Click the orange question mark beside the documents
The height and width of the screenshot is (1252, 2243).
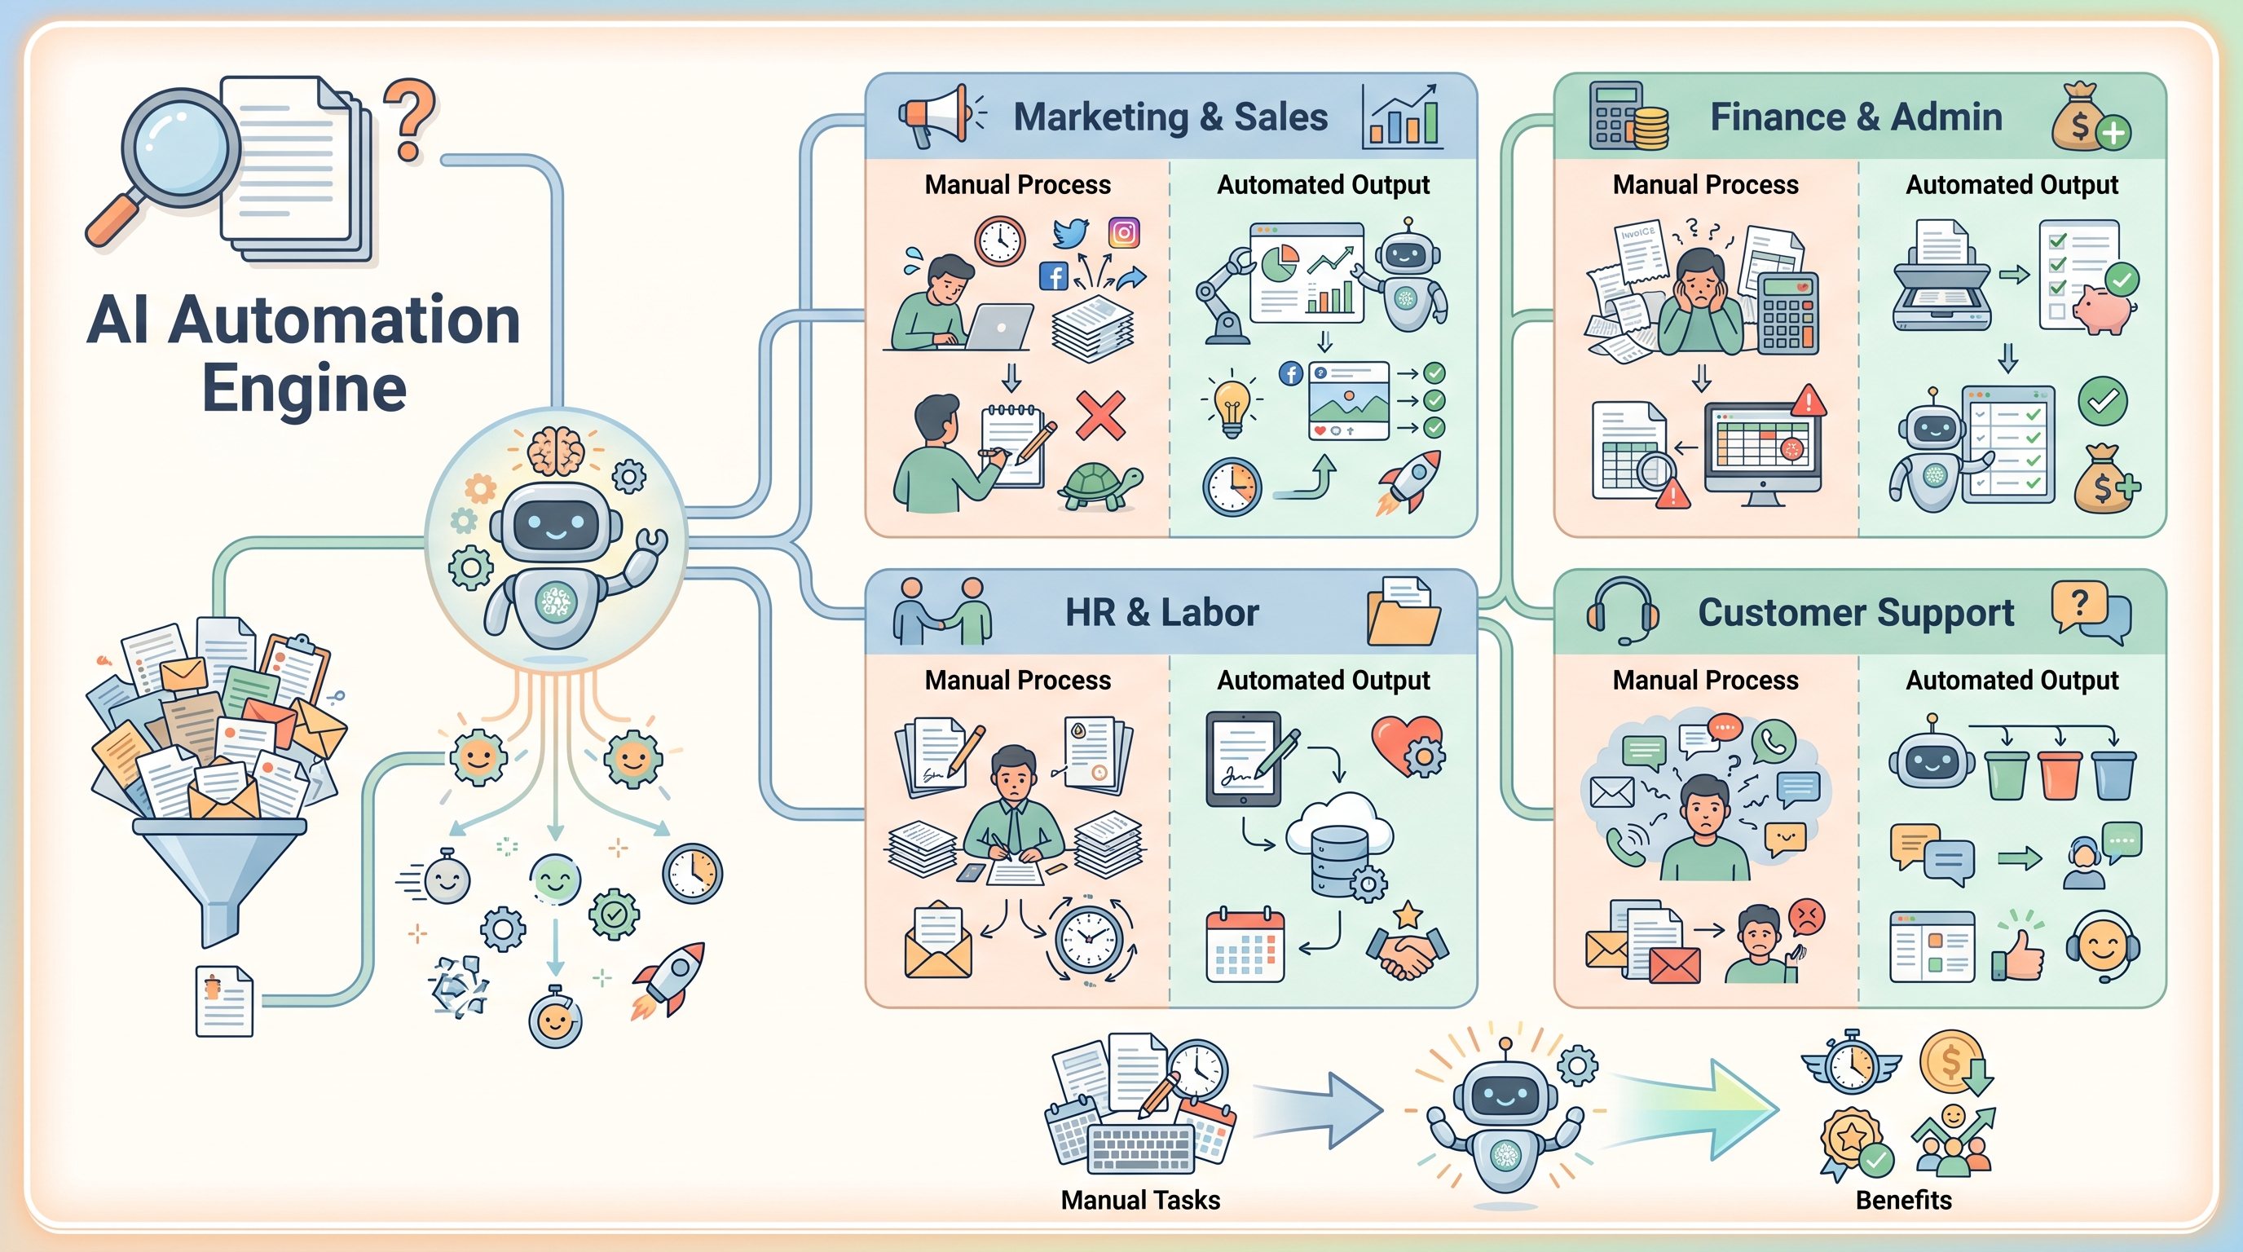pyautogui.click(x=409, y=120)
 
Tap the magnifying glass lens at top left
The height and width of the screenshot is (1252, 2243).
pyautogui.click(x=180, y=148)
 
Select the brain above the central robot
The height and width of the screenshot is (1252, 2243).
pyautogui.click(x=557, y=449)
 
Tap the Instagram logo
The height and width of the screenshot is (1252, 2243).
pyautogui.click(x=1124, y=232)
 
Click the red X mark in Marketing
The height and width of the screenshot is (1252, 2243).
pyautogui.click(x=1100, y=416)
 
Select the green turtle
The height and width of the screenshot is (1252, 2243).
pyautogui.click(x=1099, y=486)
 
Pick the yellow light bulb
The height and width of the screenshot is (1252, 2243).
pyautogui.click(x=1232, y=404)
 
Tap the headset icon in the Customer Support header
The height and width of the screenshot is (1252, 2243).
pyautogui.click(x=1622, y=611)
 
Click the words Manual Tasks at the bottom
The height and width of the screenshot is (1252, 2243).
pyautogui.click(x=1141, y=1200)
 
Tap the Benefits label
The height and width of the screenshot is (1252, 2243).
pyautogui.click(x=1903, y=1200)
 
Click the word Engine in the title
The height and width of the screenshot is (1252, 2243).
pyautogui.click(x=305, y=388)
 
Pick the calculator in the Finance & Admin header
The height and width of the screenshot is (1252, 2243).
pyautogui.click(x=1616, y=116)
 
